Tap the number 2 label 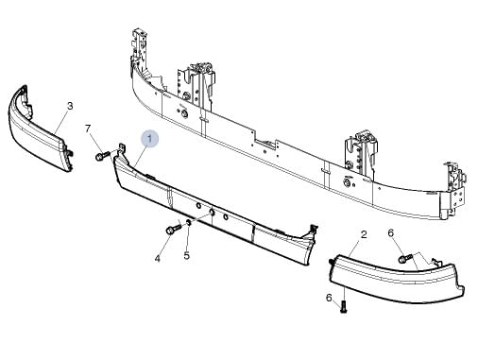pyautogui.click(x=364, y=233)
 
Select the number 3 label pyautogui.click(x=70, y=105)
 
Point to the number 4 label pyautogui.click(x=158, y=256)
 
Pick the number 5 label pyautogui.click(x=186, y=255)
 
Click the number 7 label pyautogui.click(x=88, y=129)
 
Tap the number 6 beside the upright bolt pyautogui.click(x=329, y=298)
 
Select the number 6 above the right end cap pyautogui.click(x=390, y=233)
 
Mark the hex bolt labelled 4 pyautogui.click(x=173, y=228)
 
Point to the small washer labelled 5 pyautogui.click(x=190, y=224)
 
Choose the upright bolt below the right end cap pyautogui.click(x=343, y=306)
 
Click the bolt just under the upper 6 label pyautogui.click(x=404, y=256)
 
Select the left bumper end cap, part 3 pyautogui.click(x=36, y=132)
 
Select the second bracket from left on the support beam pyautogui.click(x=199, y=77)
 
